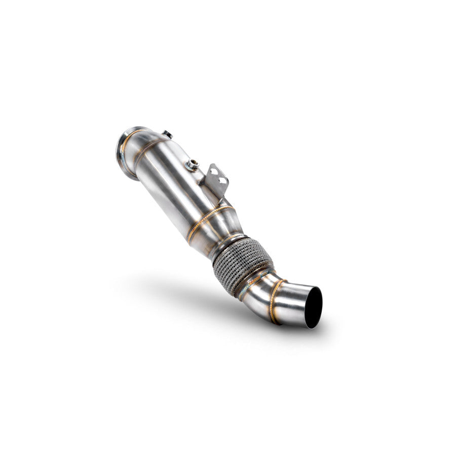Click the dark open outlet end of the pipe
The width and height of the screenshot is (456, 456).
point(313,307)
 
